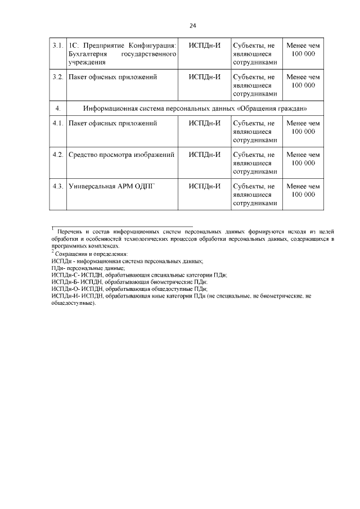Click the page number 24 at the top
pyautogui.click(x=192, y=25)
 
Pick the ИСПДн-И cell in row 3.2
pyautogui.click(x=204, y=76)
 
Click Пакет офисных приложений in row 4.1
pyautogui.click(x=112, y=123)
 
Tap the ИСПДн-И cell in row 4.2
pyautogui.click(x=204, y=154)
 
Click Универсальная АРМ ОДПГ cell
pyautogui.click(x=110, y=186)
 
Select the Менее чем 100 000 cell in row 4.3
pyautogui.click(x=303, y=190)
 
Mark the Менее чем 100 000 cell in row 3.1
pyautogui.click(x=303, y=49)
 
